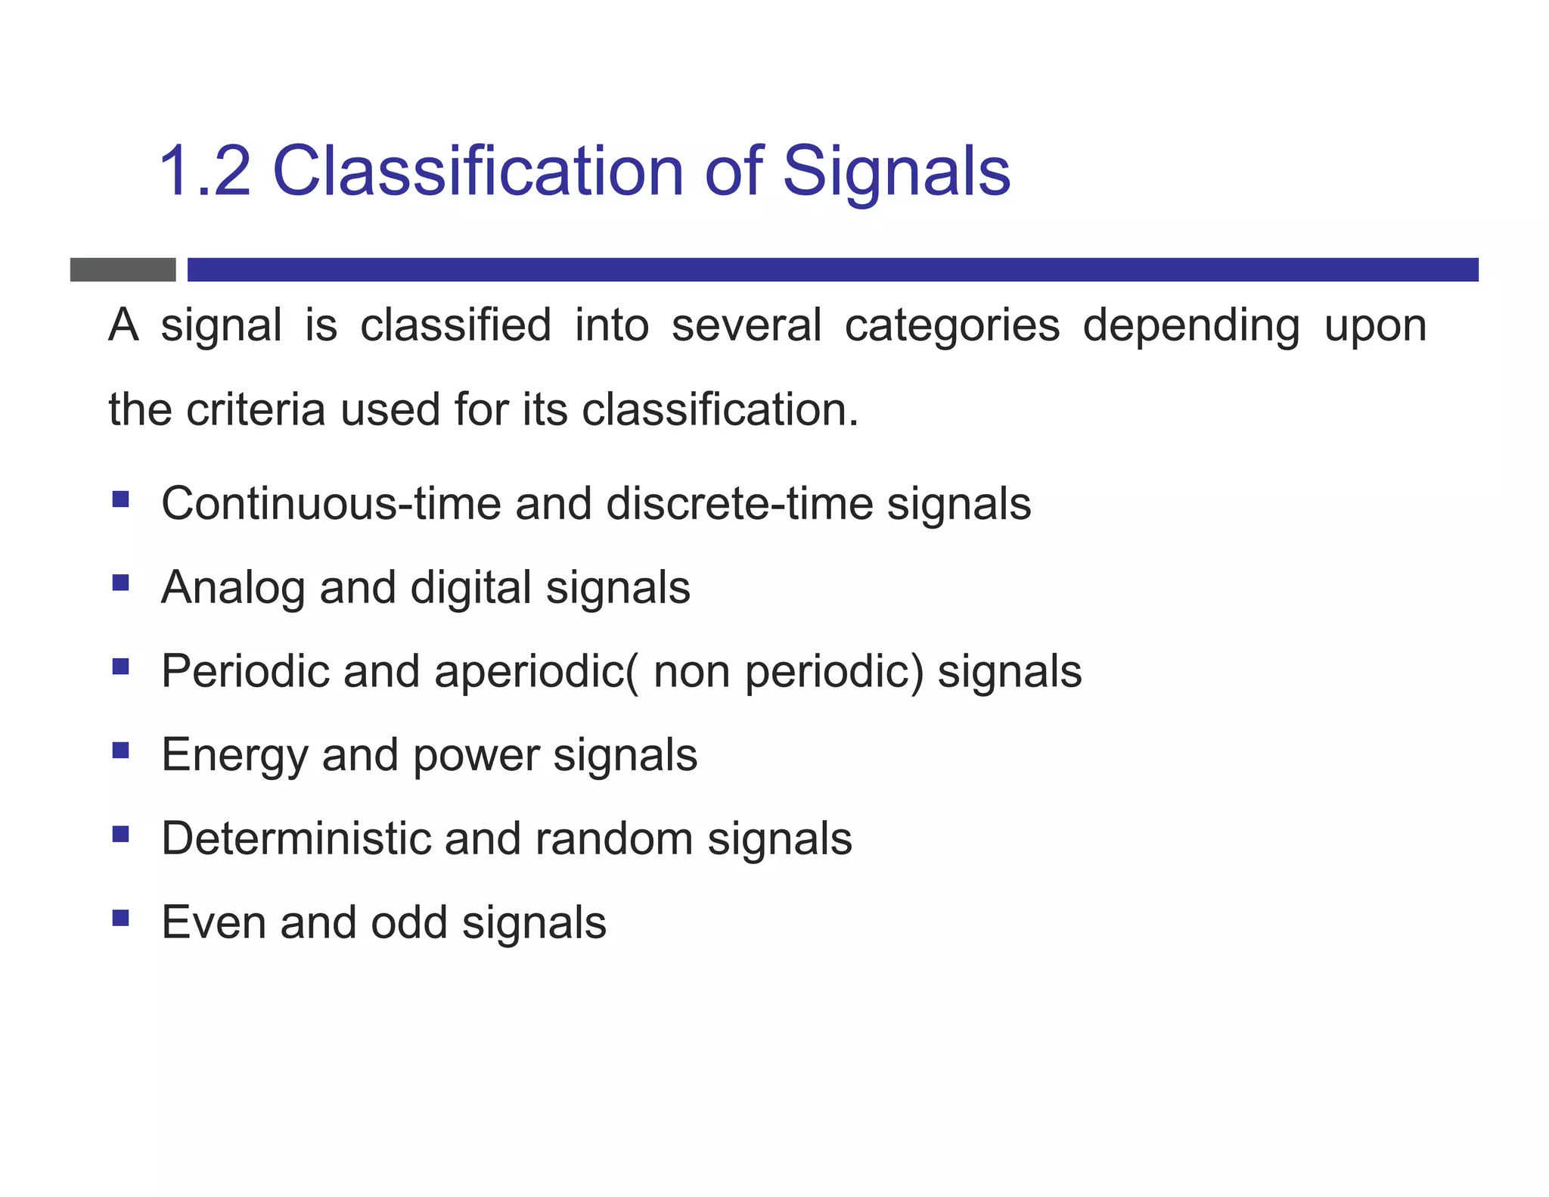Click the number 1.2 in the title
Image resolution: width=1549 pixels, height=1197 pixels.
tap(204, 172)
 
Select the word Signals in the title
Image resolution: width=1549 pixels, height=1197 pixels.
tap(896, 172)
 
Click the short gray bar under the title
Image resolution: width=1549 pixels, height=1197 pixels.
tap(123, 269)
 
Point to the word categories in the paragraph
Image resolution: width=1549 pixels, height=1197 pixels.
tap(951, 326)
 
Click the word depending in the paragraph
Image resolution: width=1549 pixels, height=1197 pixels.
tap(1190, 326)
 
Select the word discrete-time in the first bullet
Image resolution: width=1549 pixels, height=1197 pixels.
tap(739, 504)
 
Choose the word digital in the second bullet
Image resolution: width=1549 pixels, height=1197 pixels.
tap(470, 588)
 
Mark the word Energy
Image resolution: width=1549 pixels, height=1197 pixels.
tap(234, 756)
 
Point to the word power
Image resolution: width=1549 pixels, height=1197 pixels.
tap(476, 756)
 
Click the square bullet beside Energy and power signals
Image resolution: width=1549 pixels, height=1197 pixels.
tap(120, 750)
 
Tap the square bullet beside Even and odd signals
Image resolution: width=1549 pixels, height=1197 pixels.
tap(120, 918)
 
